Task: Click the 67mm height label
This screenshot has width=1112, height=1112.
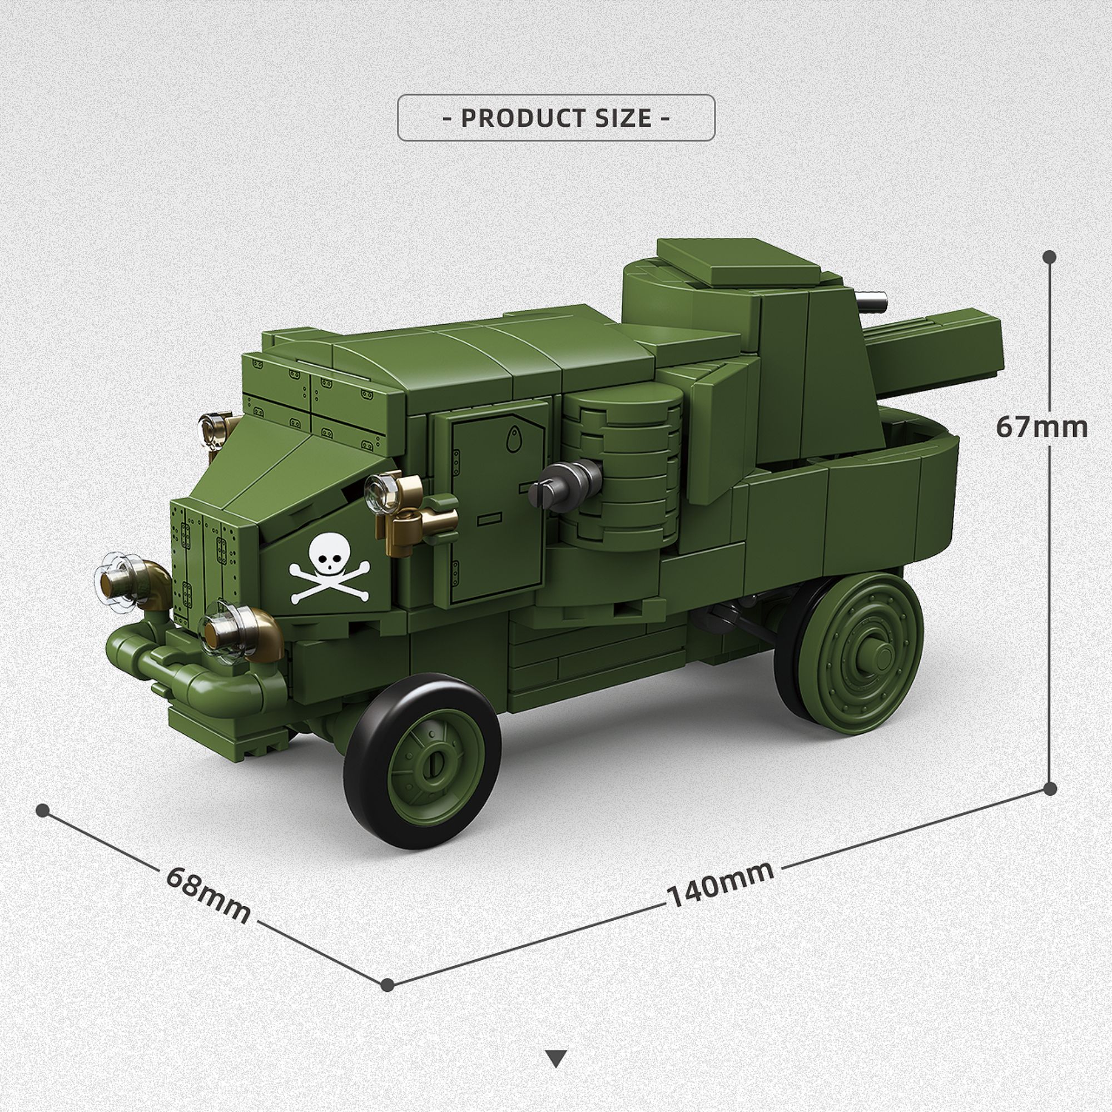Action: point(1042,427)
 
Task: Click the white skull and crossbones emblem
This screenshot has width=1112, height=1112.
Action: point(329,568)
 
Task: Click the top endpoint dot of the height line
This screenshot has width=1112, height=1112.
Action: point(1049,257)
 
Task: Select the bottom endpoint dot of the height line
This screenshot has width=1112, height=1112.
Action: point(1050,788)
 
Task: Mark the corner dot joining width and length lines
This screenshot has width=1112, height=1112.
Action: point(388,984)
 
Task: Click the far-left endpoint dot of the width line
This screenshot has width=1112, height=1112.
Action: point(42,811)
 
